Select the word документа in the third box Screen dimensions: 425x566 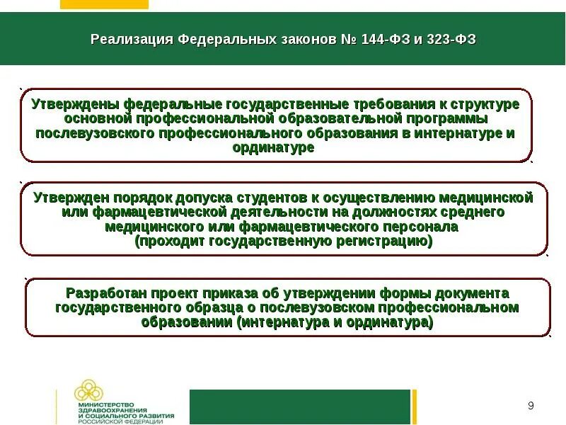[x=468, y=293]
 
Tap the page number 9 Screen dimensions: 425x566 [x=531, y=406]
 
